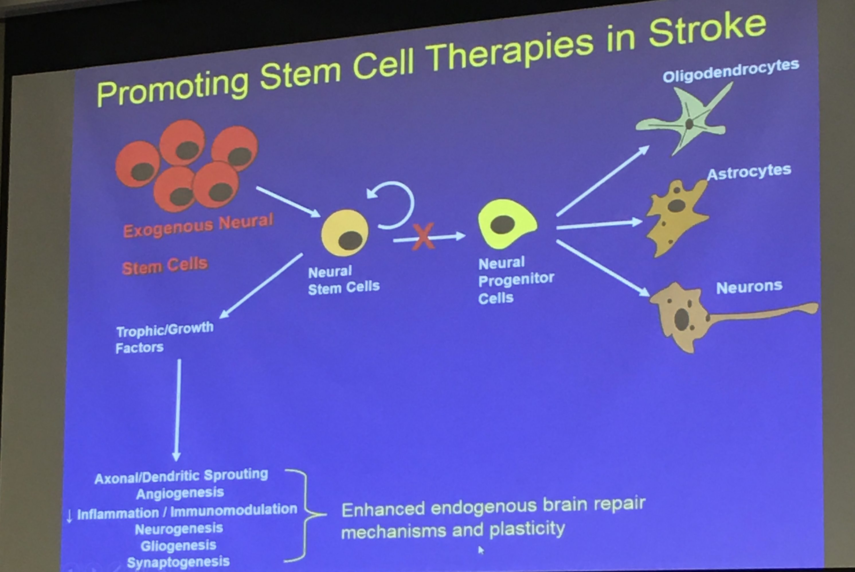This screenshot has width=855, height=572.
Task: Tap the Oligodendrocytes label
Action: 731,71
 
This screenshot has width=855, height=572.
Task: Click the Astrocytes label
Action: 749,172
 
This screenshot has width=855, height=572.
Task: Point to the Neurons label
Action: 749,287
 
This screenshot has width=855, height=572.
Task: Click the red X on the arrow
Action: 423,236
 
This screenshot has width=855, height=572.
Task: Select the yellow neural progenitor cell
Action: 507,224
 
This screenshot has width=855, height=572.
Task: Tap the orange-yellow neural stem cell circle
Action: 345,233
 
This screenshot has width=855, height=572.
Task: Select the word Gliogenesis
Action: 179,546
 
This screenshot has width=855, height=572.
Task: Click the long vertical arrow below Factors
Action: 177,410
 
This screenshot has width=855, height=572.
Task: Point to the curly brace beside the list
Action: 305,515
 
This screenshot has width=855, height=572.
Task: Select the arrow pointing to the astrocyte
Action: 599,224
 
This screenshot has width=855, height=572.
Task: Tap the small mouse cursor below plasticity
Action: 481,550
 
